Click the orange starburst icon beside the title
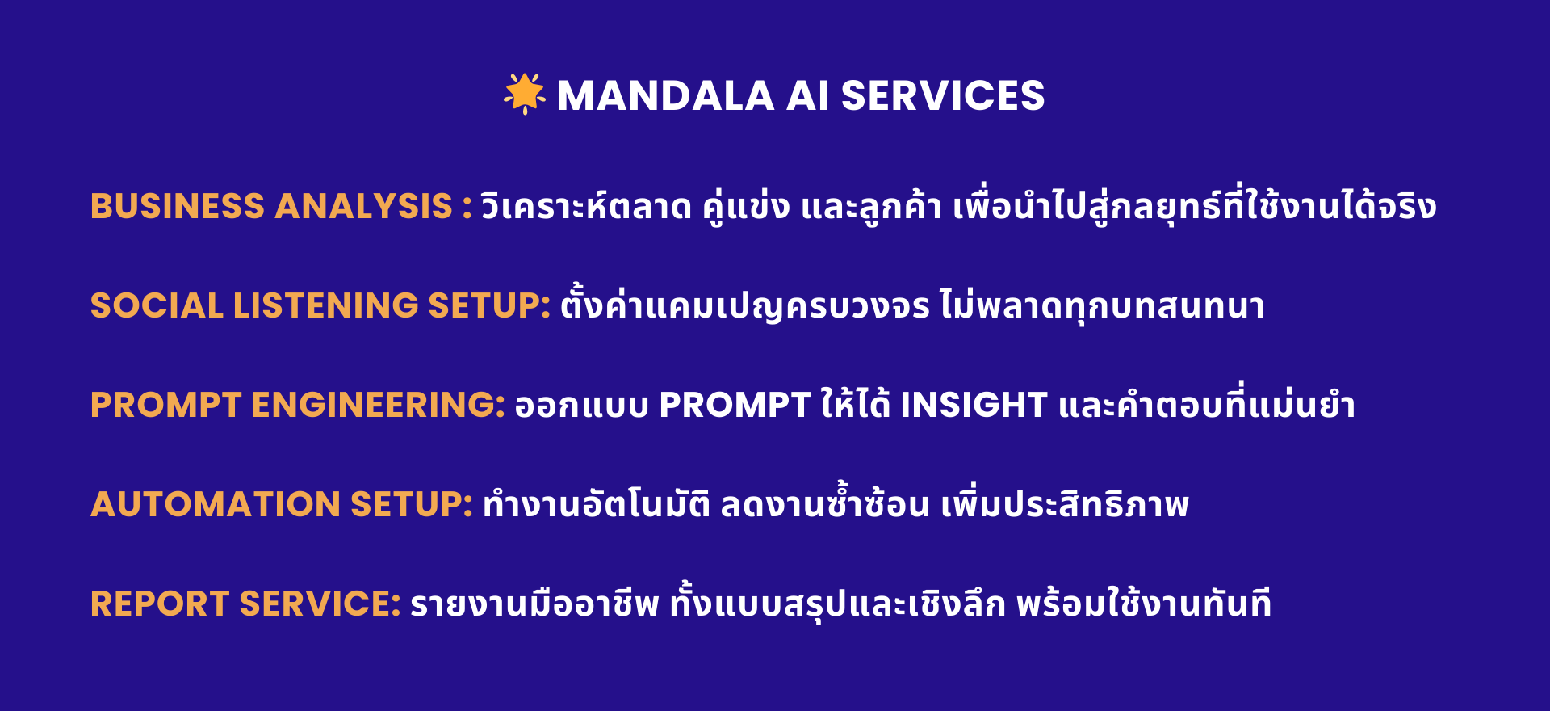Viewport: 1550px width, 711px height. (525, 94)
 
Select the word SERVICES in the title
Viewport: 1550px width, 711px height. (943, 96)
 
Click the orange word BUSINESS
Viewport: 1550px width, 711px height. (178, 206)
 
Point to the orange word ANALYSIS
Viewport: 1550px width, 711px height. (364, 206)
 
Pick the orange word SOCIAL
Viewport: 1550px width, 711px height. (157, 305)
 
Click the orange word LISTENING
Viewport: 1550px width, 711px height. (325, 305)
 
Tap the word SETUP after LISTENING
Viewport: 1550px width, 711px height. (489, 305)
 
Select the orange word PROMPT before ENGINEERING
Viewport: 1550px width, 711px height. (166, 405)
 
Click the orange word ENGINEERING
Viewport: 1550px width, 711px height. (379, 405)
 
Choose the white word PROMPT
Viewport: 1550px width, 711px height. (735, 405)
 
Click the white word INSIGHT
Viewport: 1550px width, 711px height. (974, 405)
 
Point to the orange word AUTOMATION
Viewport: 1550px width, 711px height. (216, 504)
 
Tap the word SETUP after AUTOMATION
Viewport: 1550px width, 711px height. (412, 504)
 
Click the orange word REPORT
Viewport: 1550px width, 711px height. (160, 604)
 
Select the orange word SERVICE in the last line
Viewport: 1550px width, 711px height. (320, 604)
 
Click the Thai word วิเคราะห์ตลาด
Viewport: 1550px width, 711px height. (587, 206)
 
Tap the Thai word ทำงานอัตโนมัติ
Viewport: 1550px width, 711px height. (597, 504)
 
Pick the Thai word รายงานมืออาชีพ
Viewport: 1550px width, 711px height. (534, 604)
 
